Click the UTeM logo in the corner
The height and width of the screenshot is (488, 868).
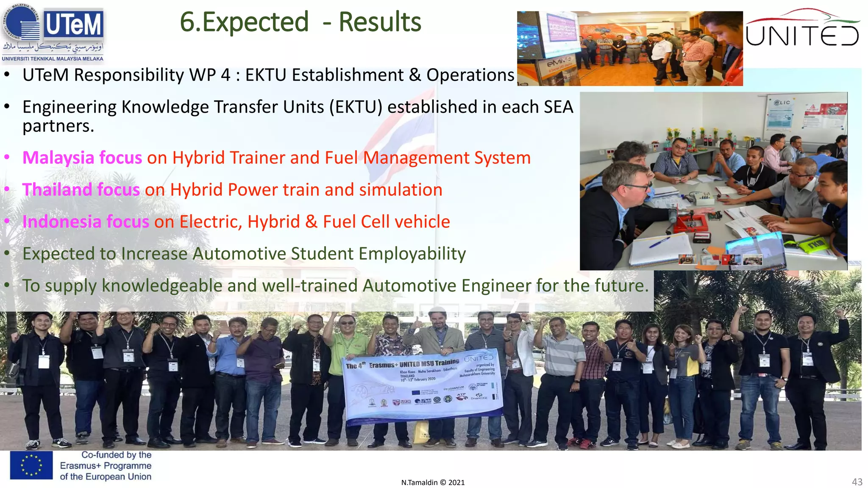53,32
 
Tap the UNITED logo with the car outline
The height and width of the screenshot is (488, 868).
802,29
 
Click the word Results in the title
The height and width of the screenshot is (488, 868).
380,22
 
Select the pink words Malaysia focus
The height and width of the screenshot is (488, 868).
82,158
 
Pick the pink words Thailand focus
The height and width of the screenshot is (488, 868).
81,190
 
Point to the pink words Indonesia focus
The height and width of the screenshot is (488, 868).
86,222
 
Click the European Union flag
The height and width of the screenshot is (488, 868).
31,465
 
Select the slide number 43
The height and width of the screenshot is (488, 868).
857,482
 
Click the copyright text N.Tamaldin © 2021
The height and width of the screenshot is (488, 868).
433,482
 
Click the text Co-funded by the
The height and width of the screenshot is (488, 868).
116,455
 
